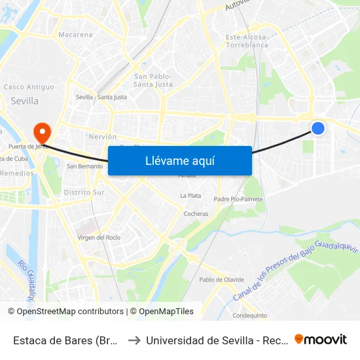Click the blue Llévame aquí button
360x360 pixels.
coord(179,160)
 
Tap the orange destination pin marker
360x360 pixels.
coord(43,133)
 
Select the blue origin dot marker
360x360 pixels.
coord(317,128)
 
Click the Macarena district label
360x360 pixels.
coord(75,34)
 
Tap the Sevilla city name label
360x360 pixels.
coord(25,101)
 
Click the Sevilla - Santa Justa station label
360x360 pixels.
coord(101,97)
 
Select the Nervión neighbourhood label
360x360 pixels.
coord(102,137)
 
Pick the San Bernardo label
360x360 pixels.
coord(85,166)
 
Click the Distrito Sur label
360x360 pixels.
coord(84,192)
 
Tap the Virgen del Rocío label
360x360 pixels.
coord(99,237)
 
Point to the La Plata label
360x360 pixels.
coord(190,196)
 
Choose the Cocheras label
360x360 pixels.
coord(196,214)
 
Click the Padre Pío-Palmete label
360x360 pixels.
coord(238,199)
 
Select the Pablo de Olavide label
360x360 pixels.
coord(221,279)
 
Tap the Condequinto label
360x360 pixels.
coord(249,315)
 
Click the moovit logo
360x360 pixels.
coord(320,339)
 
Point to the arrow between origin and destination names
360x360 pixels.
coord(133,340)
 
